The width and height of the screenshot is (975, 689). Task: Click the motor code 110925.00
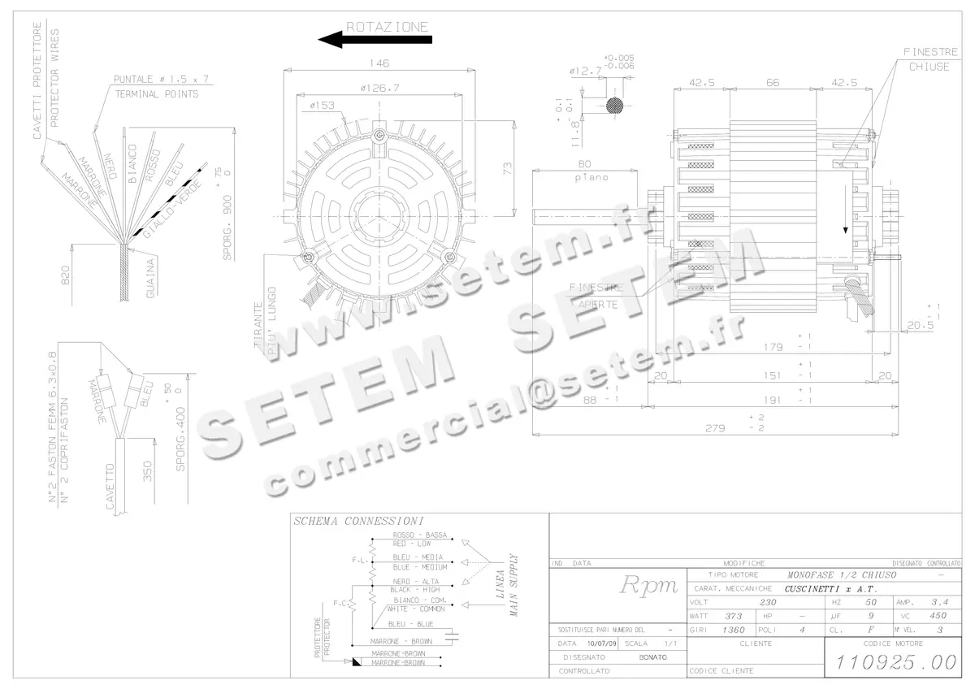pyautogui.click(x=891, y=662)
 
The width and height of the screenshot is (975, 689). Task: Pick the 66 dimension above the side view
pyautogui.click(x=773, y=82)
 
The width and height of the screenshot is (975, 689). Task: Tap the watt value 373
pyautogui.click(x=734, y=616)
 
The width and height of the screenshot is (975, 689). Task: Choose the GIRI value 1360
pyautogui.click(x=734, y=630)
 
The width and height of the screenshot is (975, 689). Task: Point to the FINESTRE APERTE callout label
pyautogui.click(x=597, y=296)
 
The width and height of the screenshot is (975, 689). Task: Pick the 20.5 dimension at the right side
pyautogui.click(x=921, y=325)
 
